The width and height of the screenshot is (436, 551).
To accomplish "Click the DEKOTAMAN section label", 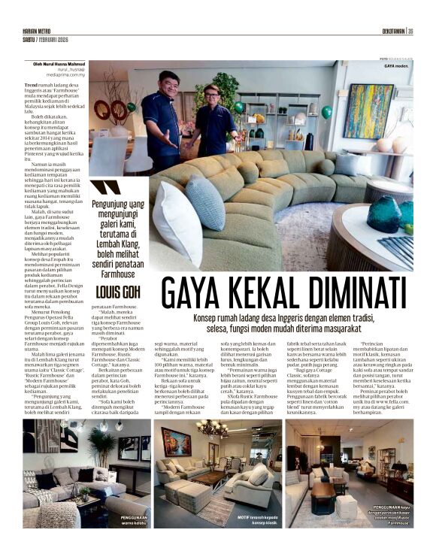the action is (388, 31).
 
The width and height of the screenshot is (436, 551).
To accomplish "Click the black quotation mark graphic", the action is (106, 188).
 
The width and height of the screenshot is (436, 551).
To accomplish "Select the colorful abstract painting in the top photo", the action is (368, 111).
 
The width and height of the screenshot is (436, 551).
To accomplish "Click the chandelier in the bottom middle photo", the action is (212, 429).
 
